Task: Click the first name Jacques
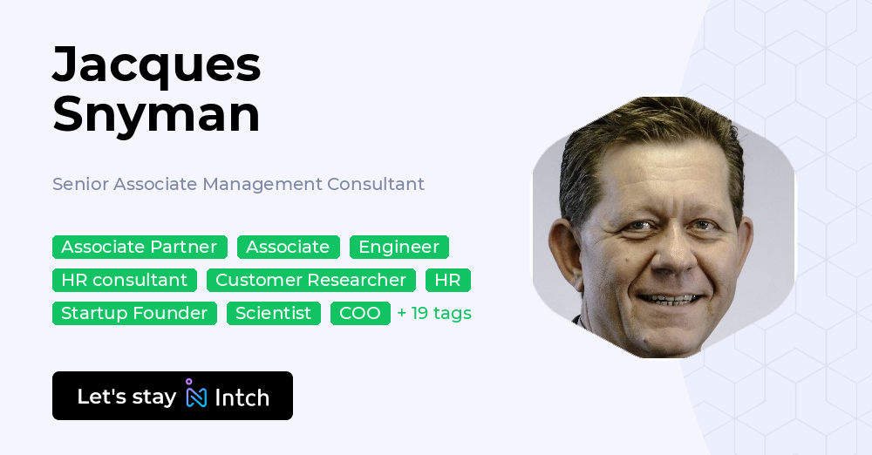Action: [156, 65]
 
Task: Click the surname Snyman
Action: [156, 114]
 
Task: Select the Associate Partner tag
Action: [140, 247]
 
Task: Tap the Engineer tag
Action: [399, 247]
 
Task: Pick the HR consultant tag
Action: [125, 280]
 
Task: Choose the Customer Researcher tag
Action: [311, 280]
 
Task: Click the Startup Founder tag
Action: [134, 313]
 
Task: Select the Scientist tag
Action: [274, 313]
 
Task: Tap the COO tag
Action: [360, 313]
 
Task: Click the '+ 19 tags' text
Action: [434, 313]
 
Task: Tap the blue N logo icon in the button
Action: [195, 395]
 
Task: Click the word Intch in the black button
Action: [242, 397]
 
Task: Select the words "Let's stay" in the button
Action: [126, 397]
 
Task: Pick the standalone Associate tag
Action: [288, 247]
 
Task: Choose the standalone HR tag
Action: [447, 280]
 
